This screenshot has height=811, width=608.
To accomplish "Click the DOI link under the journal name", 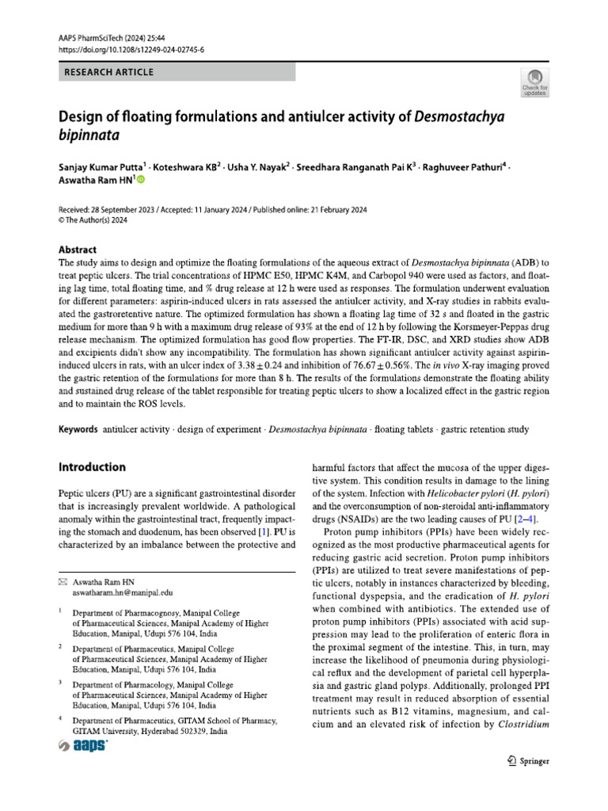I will coord(131,50).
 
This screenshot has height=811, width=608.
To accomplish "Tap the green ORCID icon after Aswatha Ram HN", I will coord(142,181).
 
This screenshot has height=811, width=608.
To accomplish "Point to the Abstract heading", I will coord(78,248).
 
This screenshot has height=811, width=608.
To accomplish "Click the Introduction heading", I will coord(92,467).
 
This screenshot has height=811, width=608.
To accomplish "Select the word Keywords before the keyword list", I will coord(79,429).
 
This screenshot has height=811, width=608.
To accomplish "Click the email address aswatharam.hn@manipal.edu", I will coord(123,592).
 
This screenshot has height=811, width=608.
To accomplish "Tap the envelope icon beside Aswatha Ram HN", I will coord(64,582).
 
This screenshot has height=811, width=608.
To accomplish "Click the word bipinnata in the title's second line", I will coord(89,135).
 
